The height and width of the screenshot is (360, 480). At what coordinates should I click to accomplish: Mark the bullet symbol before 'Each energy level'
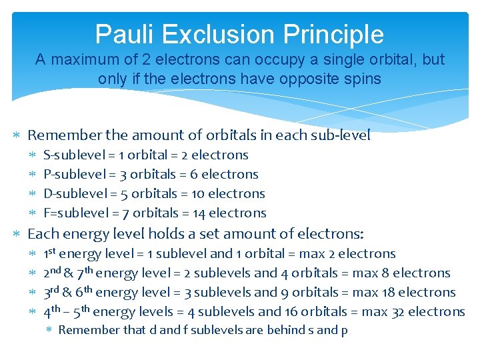click(19, 235)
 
